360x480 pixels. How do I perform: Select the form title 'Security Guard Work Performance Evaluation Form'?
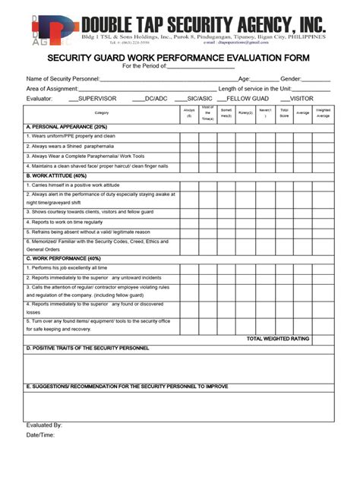click(180, 58)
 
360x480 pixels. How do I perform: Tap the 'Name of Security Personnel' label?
click(63, 78)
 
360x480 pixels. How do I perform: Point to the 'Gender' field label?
click(291, 78)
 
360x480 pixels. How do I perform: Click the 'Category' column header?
click(102, 113)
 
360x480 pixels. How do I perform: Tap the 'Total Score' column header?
click(284, 113)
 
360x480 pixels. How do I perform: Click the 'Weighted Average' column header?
click(322, 113)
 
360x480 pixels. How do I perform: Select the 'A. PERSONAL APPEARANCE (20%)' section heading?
click(67, 127)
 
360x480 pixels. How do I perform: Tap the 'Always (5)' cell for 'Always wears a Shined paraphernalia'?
click(189, 146)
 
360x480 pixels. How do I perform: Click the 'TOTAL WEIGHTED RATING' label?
click(278, 338)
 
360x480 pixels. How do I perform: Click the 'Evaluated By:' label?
click(44, 425)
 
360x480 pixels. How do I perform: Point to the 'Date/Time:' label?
click(40, 435)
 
